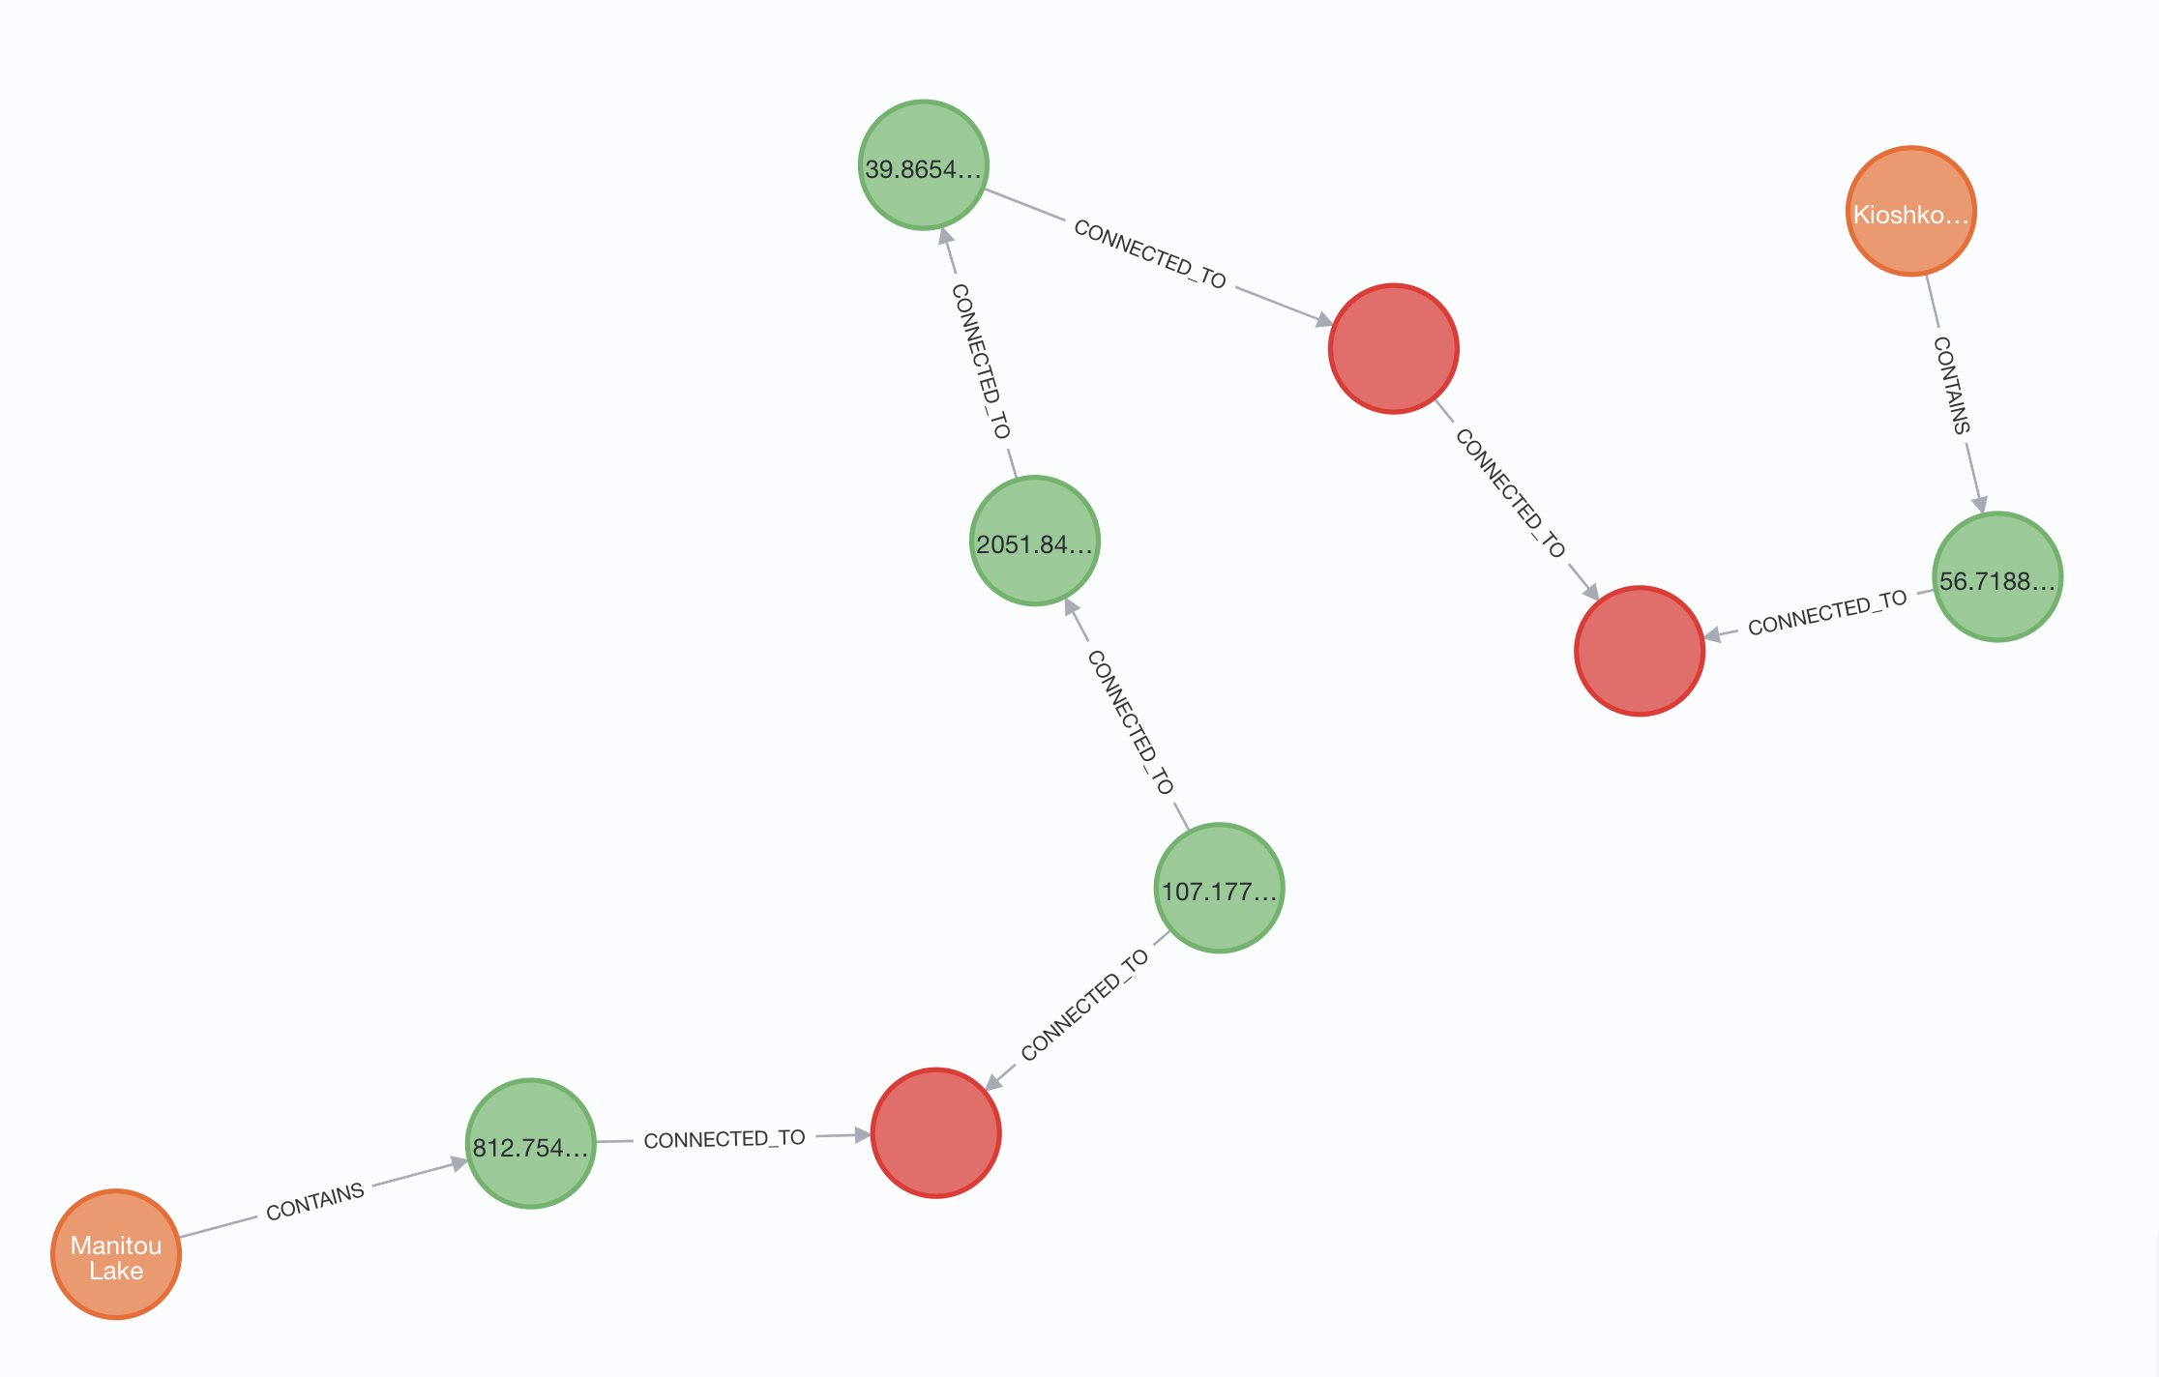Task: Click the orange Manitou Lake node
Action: pos(116,1254)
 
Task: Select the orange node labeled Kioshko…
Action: pos(1910,212)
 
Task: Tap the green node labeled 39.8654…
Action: pos(924,165)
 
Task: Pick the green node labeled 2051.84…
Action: pos(1035,541)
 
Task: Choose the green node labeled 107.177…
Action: pos(1219,888)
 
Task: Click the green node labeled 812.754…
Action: pos(530,1143)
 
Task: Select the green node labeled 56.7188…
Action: pos(1997,577)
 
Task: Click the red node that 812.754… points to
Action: pos(935,1132)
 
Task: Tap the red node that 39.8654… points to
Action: pos(1394,348)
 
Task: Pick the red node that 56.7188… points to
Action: pos(1640,651)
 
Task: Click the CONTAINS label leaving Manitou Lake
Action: pos(315,1202)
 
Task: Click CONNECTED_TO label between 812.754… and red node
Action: pos(725,1139)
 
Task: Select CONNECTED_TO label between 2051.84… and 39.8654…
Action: pos(981,361)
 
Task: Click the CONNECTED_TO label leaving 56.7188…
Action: pos(1827,613)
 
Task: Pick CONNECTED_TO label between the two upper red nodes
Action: pos(1510,493)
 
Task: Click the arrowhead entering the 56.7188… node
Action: pos(1979,504)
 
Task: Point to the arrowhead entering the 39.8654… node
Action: pos(946,237)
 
